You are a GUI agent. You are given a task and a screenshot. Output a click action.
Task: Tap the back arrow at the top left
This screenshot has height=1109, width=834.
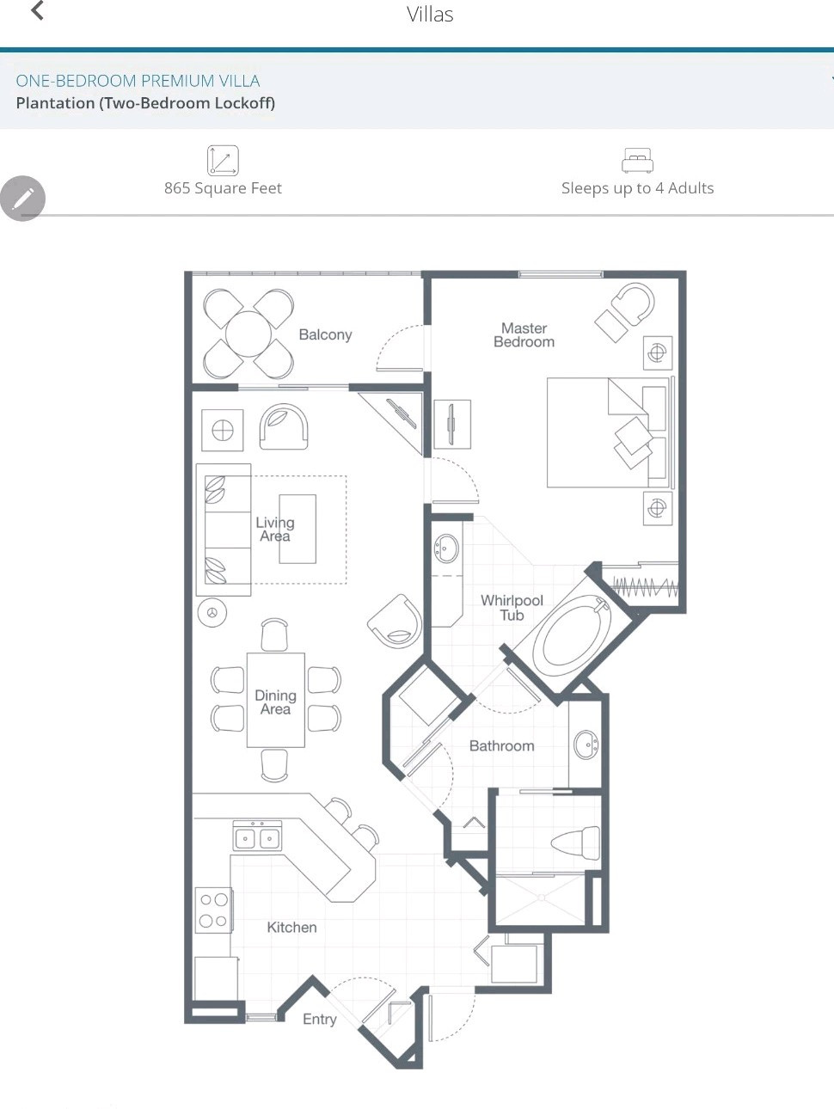[37, 10]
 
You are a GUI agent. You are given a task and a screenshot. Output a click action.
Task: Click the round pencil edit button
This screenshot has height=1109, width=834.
[22, 198]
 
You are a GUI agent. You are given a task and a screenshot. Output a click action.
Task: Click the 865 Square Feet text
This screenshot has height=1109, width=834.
[223, 188]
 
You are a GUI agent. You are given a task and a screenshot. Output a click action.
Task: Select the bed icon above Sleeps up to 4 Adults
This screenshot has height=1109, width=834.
[637, 160]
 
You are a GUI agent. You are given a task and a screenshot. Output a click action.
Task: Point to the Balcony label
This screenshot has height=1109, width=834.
[325, 334]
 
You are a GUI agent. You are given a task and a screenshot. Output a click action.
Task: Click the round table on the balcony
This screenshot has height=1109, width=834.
[248, 334]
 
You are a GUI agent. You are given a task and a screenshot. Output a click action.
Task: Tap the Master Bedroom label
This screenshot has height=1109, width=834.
[524, 335]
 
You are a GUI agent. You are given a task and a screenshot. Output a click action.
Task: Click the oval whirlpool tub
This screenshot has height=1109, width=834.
[573, 635]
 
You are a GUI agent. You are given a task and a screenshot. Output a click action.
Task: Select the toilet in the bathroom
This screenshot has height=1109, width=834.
[575, 842]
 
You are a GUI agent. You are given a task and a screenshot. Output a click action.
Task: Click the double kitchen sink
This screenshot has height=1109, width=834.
[257, 835]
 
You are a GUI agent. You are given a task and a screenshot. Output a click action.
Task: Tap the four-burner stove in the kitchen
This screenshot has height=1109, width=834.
[214, 910]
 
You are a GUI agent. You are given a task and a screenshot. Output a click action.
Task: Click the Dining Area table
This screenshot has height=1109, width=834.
[276, 700]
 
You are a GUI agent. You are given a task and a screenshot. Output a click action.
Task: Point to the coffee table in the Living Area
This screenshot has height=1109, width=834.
[297, 529]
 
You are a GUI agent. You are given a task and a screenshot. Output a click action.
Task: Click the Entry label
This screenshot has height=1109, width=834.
[320, 1020]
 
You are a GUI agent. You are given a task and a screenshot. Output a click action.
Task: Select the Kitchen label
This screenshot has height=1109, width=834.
[292, 927]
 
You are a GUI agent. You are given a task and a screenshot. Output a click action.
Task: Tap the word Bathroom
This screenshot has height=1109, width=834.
[501, 745]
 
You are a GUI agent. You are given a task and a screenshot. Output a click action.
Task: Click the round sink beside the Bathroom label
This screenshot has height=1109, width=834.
[586, 744]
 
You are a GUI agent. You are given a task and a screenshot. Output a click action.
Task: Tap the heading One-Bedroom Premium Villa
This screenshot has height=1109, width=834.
[138, 81]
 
